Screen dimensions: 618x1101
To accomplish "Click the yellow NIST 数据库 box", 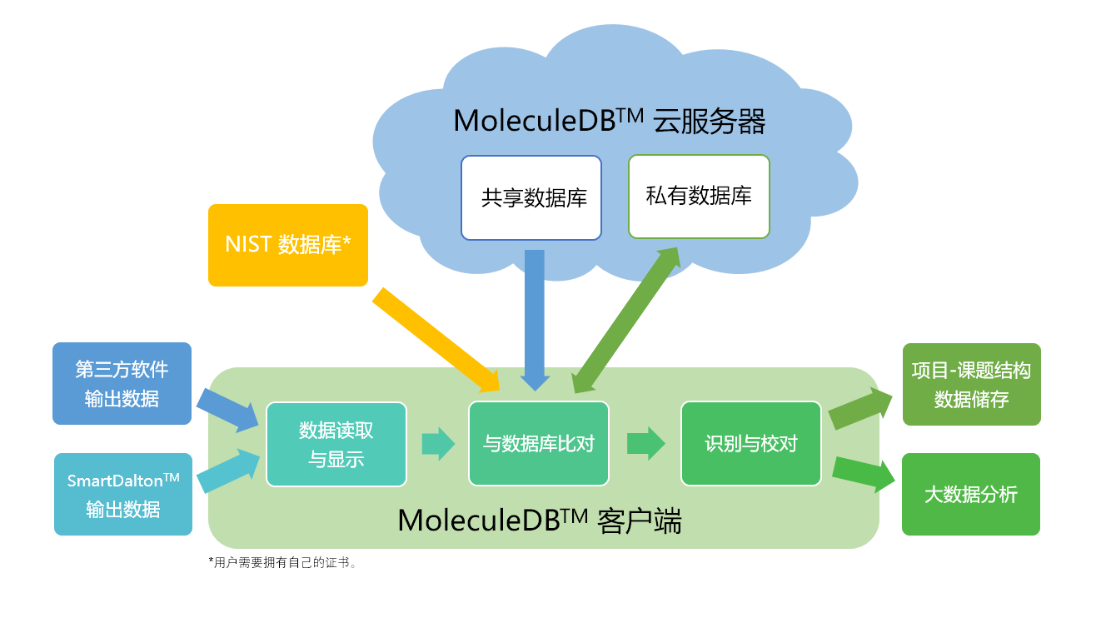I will click(287, 245).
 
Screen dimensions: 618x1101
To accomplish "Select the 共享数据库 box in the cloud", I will click(531, 197).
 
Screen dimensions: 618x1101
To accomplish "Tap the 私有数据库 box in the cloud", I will click(699, 197).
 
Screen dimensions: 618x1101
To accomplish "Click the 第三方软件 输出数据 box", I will click(122, 383).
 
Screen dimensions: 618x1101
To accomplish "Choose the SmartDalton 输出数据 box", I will click(123, 494).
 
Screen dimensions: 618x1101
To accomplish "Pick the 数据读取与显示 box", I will click(336, 444).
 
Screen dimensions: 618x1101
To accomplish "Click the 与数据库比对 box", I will click(539, 443).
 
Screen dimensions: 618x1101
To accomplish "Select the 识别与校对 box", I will click(751, 443).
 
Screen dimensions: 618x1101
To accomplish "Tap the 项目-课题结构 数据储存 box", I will click(971, 384).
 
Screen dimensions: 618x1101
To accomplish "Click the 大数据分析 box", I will click(971, 494).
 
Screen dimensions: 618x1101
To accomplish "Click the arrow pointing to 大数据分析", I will click(861, 472).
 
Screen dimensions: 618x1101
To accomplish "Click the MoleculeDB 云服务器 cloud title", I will click(609, 122).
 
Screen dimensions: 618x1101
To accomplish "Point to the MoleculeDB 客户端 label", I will click(540, 521).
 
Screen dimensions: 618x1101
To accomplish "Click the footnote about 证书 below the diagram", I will click(283, 563).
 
